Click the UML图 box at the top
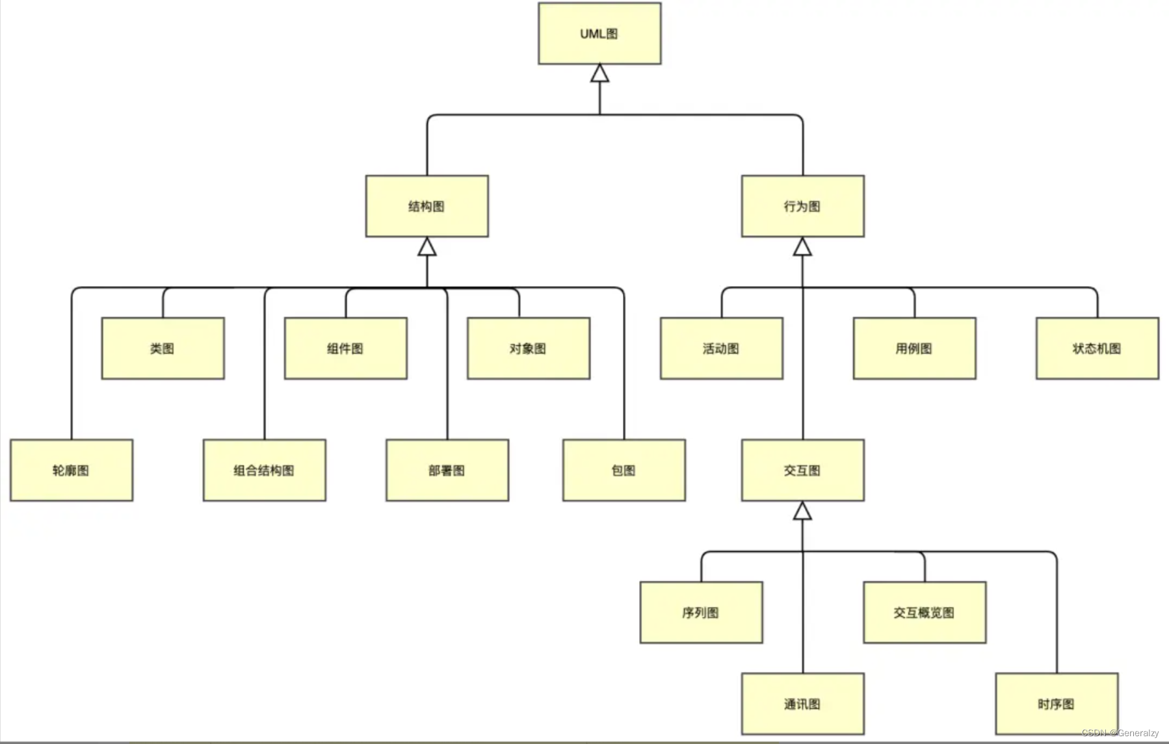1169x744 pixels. click(599, 34)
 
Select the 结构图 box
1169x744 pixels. click(427, 206)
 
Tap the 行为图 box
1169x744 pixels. click(802, 206)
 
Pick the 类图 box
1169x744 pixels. click(163, 348)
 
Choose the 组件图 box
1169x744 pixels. click(345, 348)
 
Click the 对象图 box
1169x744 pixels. click(528, 348)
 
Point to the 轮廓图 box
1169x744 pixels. click(71, 470)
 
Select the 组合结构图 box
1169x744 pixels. click(264, 470)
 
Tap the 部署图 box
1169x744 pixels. click(447, 470)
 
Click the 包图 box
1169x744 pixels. click(624, 470)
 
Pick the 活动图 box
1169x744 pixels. click(721, 348)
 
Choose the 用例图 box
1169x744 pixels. click(914, 348)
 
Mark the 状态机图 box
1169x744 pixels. click(1097, 348)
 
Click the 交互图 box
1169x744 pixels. click(802, 470)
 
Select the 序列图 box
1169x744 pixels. click(701, 612)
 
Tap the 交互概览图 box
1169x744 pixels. click(924, 612)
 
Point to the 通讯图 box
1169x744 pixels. click(802, 704)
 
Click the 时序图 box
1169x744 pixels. click(1057, 704)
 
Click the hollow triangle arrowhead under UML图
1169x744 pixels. click(599, 73)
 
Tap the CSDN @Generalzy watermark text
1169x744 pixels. click(1120, 733)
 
